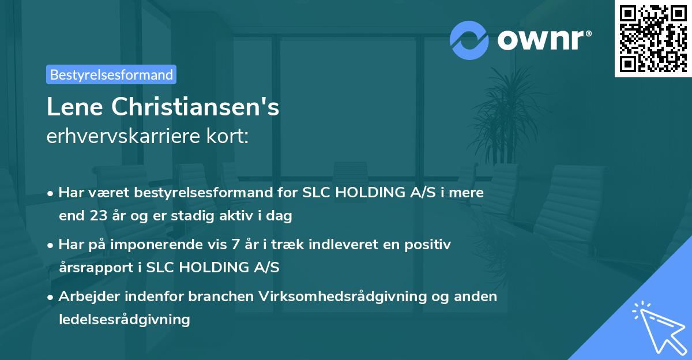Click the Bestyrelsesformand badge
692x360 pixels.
coord(111,74)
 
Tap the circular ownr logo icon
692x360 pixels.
coord(469,40)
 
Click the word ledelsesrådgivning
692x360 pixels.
coord(124,319)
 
